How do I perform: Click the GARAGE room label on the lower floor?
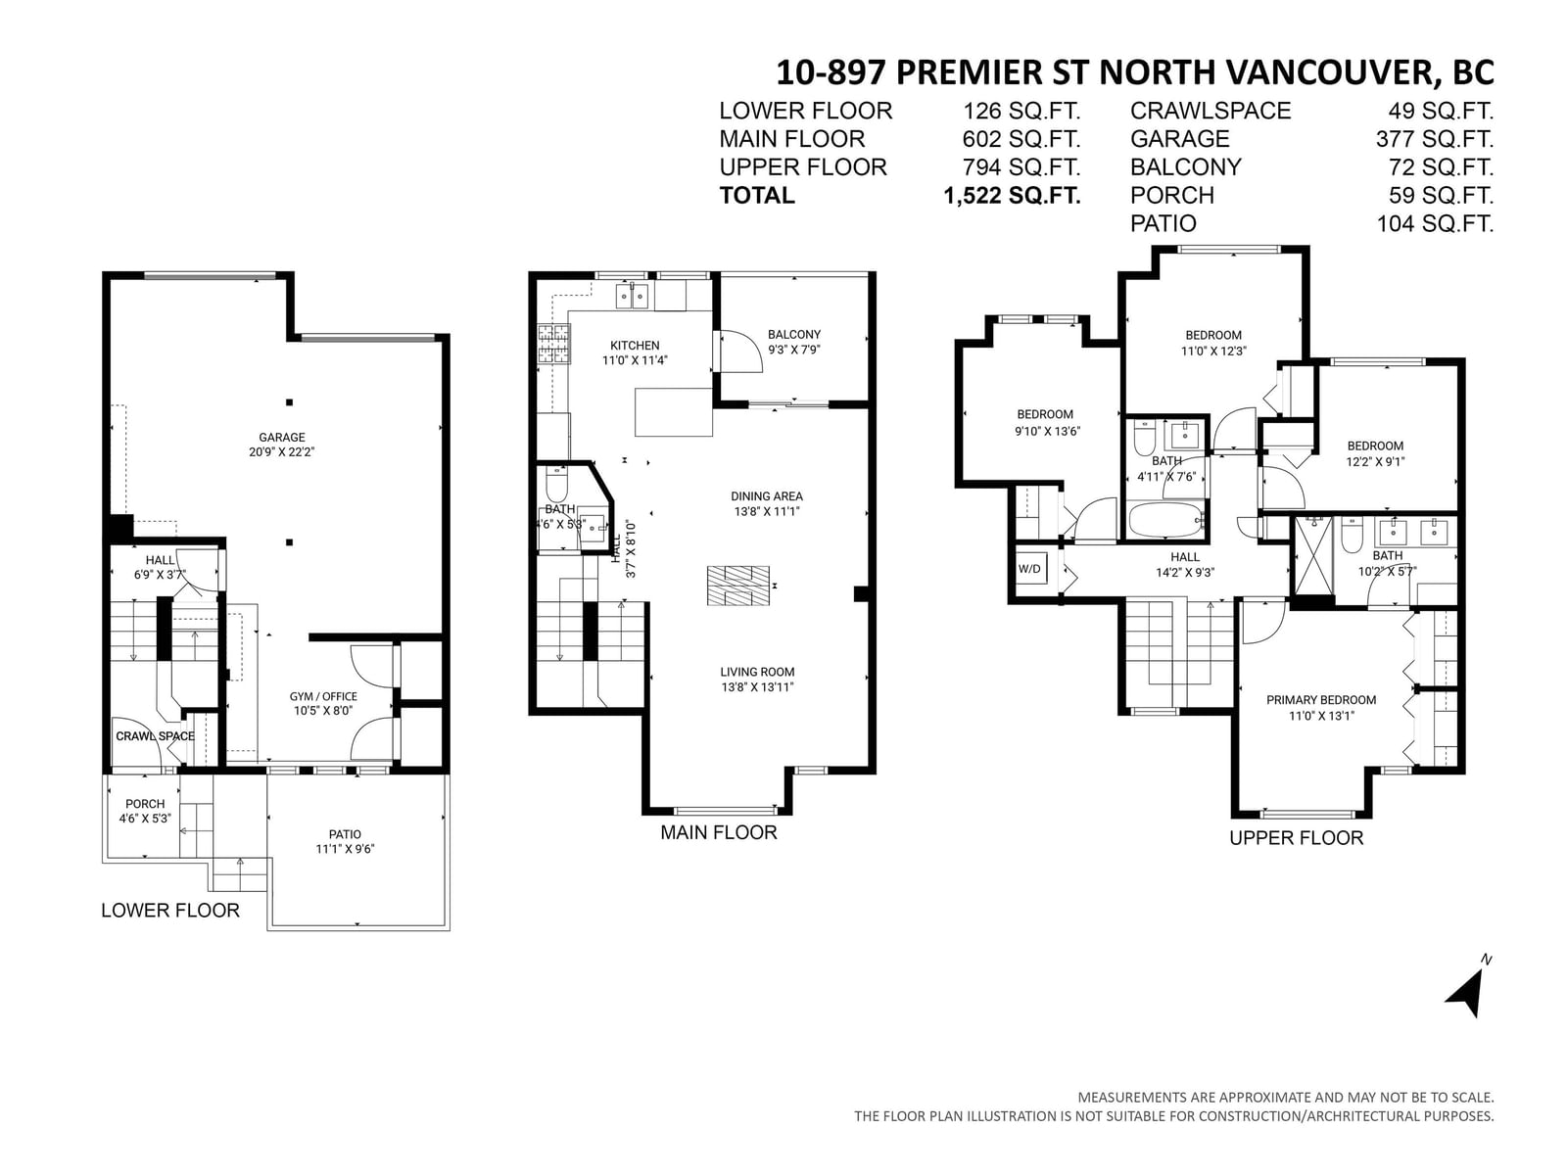point(281,438)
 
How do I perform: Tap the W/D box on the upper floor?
point(1028,569)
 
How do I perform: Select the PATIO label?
point(345,834)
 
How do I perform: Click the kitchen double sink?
point(633,296)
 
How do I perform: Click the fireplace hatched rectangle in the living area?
point(738,586)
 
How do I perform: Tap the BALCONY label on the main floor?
point(794,334)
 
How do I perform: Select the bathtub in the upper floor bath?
point(1166,520)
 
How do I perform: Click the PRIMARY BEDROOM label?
point(1321,700)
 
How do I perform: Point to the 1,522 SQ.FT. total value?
point(1012,196)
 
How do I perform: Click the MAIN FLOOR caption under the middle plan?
point(718,832)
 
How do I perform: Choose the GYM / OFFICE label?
point(323,696)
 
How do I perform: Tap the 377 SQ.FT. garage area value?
point(1435,138)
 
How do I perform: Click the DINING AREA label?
point(767,495)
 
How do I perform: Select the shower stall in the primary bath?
point(1313,554)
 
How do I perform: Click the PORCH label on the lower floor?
point(145,803)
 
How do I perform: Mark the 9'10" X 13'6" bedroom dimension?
point(1046,431)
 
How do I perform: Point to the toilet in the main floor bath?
point(556,484)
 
